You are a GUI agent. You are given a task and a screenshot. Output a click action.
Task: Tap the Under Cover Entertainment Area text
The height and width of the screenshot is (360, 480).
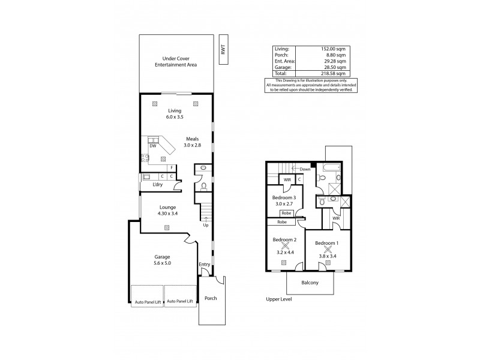[x=175, y=62]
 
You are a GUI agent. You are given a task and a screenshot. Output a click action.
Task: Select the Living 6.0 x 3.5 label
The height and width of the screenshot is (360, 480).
[x=175, y=114]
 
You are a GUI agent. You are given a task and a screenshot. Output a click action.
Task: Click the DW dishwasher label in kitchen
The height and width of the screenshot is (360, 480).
[x=154, y=145]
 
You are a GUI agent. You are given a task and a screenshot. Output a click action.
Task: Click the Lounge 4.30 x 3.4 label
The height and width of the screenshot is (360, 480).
[x=168, y=210]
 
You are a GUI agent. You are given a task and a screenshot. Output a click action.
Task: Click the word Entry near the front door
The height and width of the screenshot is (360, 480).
[x=205, y=265]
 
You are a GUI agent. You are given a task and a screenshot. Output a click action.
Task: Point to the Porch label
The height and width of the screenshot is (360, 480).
[x=211, y=298]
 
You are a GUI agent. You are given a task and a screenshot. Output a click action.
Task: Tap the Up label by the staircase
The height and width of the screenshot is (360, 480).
[x=206, y=225]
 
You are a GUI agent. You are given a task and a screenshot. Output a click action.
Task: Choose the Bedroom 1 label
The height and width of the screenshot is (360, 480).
[x=327, y=244]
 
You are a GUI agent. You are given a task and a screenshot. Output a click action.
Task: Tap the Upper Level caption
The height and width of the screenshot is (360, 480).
[x=279, y=298]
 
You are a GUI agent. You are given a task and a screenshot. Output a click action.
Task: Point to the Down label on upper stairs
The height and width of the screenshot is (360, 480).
[x=305, y=170]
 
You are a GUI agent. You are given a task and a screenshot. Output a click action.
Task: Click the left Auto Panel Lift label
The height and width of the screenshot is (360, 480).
[x=148, y=301]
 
